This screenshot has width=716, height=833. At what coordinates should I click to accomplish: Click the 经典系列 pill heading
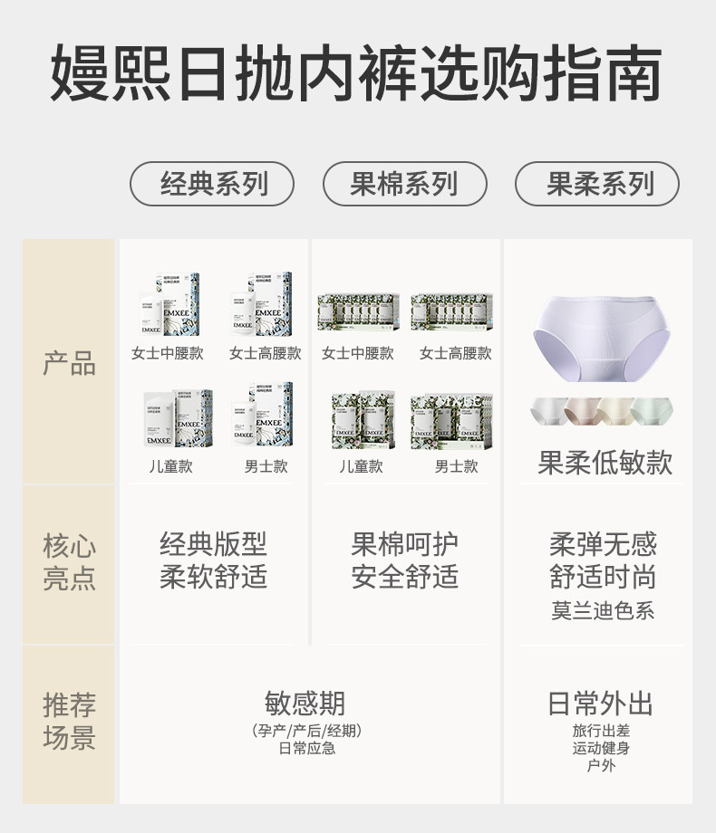coord(213,184)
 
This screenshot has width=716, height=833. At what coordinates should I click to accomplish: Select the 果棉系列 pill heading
coord(404,184)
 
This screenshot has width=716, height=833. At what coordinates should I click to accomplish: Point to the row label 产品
coord(69,364)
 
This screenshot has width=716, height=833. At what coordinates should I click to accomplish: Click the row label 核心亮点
coord(69,562)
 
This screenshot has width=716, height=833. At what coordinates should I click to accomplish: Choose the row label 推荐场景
coord(69,721)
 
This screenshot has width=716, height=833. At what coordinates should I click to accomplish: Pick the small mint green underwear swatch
coord(653,412)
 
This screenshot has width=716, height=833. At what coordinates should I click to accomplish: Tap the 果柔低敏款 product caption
coord(605,464)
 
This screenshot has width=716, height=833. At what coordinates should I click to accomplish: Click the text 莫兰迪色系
coord(603,610)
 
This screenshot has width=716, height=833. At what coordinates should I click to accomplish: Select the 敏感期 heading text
coord(305,704)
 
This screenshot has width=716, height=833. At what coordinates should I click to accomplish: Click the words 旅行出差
coord(601,730)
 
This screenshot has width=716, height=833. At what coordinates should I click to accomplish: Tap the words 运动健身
coord(601,748)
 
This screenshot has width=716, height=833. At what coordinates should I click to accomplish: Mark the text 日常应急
coord(306,749)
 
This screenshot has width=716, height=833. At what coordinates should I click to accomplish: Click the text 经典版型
coord(213,545)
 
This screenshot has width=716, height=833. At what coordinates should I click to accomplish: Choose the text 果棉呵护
coord(404,545)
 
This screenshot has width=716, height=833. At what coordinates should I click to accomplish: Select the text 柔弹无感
coord(603,545)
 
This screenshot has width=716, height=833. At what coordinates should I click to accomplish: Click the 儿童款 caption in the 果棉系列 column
coord(361,466)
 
